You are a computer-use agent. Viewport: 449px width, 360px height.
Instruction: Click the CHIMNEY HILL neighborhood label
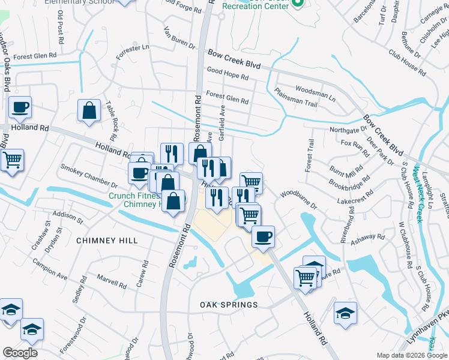coord(107,241)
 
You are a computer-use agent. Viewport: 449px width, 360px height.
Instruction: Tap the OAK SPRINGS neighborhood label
coord(229,305)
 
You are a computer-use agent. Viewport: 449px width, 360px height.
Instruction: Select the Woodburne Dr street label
coord(298,199)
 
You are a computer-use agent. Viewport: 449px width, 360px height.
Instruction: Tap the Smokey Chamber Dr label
coord(89,177)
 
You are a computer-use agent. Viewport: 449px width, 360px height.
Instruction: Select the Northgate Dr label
coord(348,130)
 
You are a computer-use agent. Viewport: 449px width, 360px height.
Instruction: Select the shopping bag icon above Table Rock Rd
coord(89,110)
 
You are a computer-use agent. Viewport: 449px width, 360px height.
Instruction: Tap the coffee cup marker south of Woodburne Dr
coord(263,236)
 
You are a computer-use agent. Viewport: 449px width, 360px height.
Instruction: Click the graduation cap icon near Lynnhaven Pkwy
coord(345,313)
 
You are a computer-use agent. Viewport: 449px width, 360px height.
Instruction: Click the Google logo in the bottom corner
coord(20,353)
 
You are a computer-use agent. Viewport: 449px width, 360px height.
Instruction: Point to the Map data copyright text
coord(411,355)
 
